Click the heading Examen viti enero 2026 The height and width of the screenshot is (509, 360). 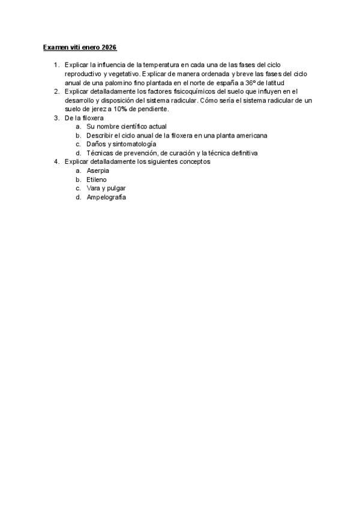click(x=80, y=47)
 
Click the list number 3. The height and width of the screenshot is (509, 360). click(x=55, y=118)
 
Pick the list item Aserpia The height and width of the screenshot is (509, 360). click(x=98, y=171)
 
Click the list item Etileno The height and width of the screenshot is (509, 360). click(x=97, y=179)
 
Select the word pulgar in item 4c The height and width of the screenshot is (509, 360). click(x=115, y=188)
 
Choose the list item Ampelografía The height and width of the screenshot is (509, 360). click(x=106, y=197)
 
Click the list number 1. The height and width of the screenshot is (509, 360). click(x=55, y=64)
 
